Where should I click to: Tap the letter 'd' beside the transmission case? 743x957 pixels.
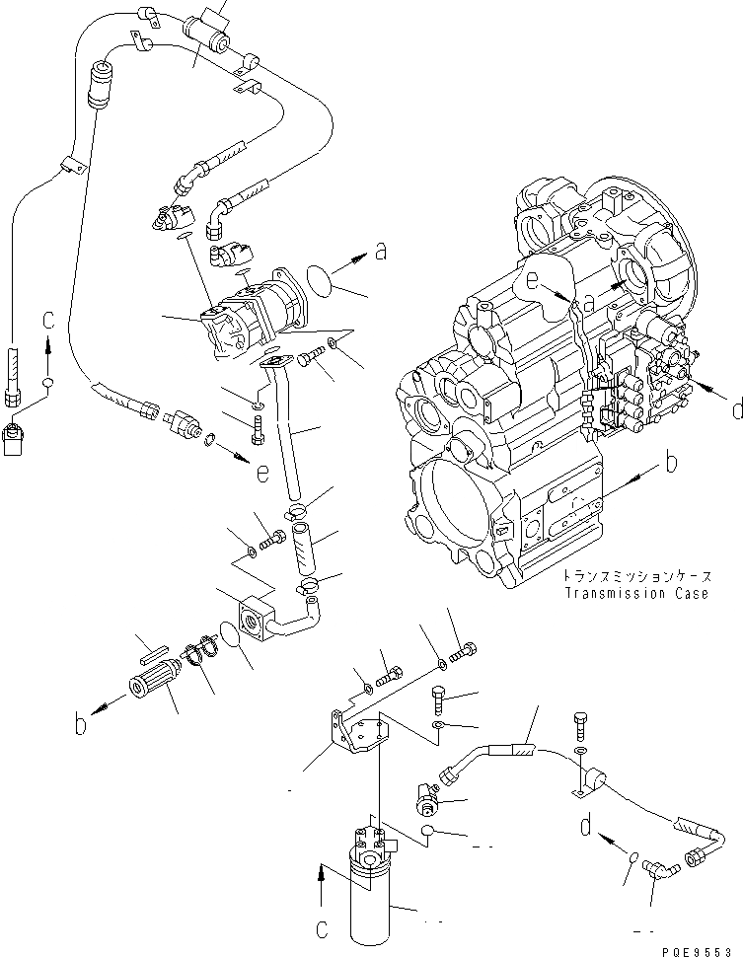click(736, 409)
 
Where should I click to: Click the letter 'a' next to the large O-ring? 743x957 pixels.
click(380, 254)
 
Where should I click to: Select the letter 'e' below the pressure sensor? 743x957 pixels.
click(261, 475)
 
